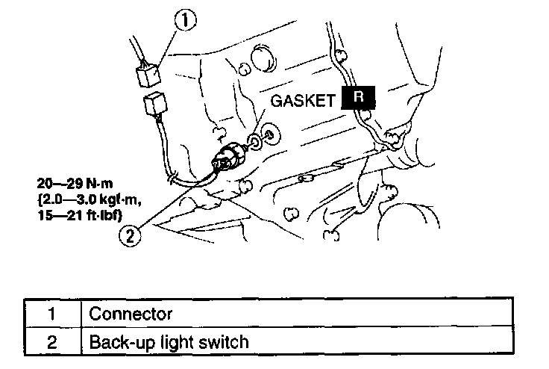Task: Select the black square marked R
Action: pyautogui.click(x=358, y=99)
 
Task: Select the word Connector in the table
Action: pyautogui.click(x=131, y=314)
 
